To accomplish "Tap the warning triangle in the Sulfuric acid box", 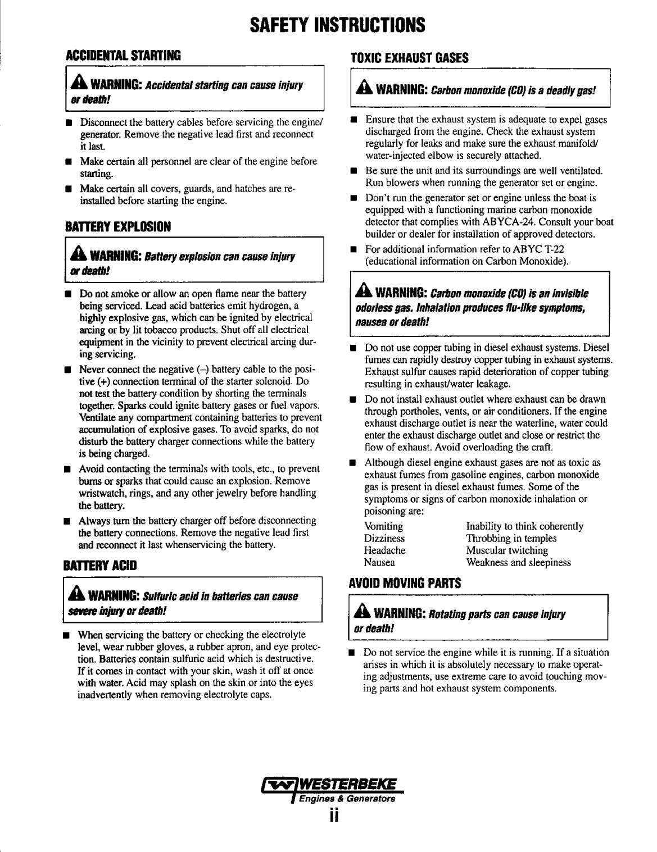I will click(x=78, y=595).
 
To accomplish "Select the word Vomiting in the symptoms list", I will click(x=383, y=527).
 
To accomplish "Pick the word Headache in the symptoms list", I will click(x=384, y=550).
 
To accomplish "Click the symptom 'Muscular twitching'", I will click(x=507, y=550).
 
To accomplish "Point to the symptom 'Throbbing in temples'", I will click(x=511, y=539).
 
